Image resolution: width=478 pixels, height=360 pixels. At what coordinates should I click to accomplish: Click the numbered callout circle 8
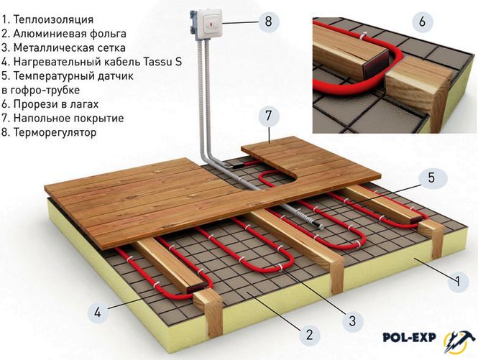(269, 22)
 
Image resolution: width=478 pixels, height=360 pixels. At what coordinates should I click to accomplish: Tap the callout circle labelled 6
(422, 22)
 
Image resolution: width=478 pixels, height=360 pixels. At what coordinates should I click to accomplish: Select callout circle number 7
(268, 116)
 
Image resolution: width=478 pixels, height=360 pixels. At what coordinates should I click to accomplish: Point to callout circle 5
(431, 177)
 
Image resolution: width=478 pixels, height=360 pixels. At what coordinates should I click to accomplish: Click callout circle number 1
(458, 280)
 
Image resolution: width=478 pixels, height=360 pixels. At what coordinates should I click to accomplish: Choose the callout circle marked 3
(352, 320)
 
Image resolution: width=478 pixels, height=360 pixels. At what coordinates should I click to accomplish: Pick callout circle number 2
(309, 334)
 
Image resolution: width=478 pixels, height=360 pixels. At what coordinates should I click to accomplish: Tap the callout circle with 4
(98, 312)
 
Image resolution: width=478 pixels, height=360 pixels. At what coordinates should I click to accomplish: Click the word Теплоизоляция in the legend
(53, 20)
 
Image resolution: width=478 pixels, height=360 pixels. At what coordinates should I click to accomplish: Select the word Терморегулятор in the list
(55, 132)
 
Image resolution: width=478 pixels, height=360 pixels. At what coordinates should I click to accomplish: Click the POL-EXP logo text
(409, 337)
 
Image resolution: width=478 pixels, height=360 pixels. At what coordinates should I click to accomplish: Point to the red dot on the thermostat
(211, 22)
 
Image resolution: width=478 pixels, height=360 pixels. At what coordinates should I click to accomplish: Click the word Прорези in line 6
(35, 104)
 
